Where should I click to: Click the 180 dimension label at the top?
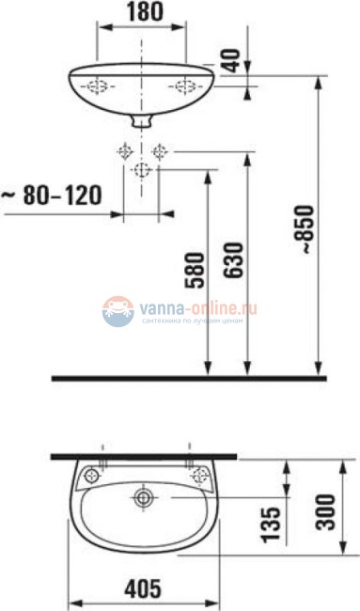pyautogui.click(x=142, y=12)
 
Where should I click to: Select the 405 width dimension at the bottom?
pyautogui.click(x=142, y=590)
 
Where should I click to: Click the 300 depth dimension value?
pyautogui.click(x=326, y=511)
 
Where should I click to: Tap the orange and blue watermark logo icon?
pyautogui.click(x=117, y=312)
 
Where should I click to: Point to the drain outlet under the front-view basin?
pyautogui.click(x=142, y=121)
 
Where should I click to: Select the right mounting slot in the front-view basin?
pyautogui.click(x=183, y=86)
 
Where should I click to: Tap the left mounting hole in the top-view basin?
pyautogui.click(x=90, y=475)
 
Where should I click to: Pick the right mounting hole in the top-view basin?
pyautogui.click(x=197, y=475)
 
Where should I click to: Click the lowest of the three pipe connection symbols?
pyautogui.click(x=142, y=169)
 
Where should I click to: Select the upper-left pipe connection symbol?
pyautogui.click(x=124, y=150)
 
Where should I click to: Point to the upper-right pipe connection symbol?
pyautogui.click(x=160, y=150)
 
